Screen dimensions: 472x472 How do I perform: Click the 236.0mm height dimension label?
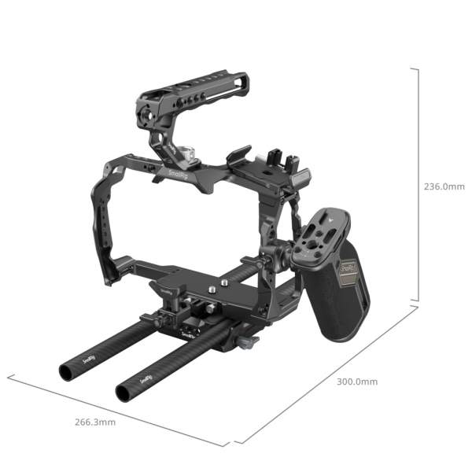444,187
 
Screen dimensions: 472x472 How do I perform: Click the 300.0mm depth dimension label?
356,382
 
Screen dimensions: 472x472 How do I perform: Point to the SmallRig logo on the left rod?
90,359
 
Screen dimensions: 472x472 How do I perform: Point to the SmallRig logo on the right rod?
146,378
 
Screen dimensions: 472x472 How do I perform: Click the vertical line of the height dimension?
418,185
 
